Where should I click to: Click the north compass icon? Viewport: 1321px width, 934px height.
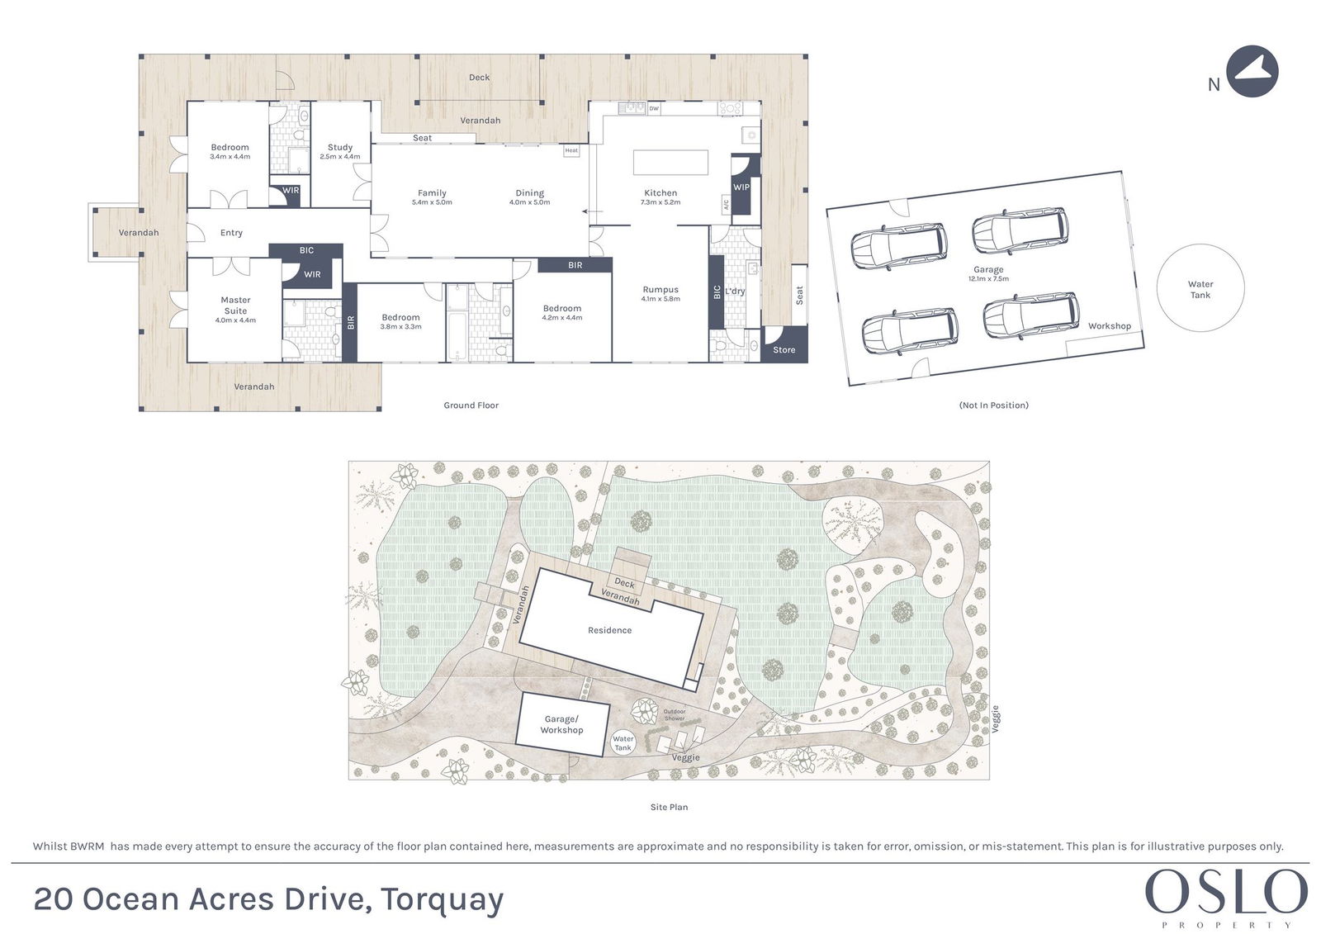click(1252, 71)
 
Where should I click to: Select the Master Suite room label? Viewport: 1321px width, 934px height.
click(235, 305)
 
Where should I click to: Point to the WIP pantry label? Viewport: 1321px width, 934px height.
click(741, 187)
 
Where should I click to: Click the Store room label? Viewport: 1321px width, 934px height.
click(784, 350)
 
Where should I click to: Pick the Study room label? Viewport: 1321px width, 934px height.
click(339, 147)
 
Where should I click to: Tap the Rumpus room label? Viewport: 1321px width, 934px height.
click(660, 289)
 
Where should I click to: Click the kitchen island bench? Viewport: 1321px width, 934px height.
click(670, 162)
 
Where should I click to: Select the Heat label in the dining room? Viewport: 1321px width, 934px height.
click(571, 150)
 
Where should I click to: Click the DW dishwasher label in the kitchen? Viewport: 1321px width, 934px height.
click(653, 108)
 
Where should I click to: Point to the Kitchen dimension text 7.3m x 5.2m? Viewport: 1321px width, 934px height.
click(660, 202)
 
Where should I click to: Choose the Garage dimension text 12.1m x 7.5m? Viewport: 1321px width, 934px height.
click(988, 278)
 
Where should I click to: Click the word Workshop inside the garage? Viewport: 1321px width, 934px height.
click(1110, 325)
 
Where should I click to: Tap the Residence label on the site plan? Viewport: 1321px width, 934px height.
click(609, 630)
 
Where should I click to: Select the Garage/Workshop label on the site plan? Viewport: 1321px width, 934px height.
click(561, 724)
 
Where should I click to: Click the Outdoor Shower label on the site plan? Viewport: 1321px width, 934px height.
click(675, 714)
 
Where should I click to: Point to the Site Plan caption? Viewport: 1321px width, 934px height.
click(669, 807)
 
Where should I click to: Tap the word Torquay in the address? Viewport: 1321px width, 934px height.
click(442, 900)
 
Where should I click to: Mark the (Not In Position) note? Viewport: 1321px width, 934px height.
click(994, 405)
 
